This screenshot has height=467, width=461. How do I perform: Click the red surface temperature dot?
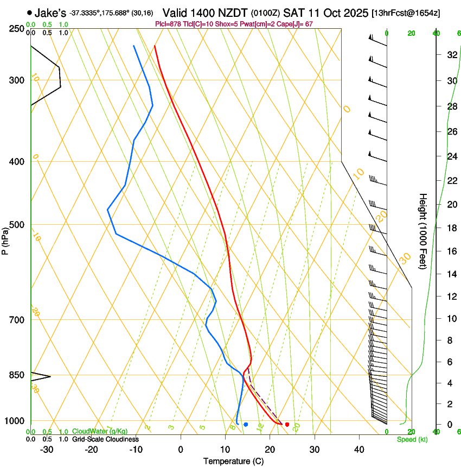[x=287, y=424]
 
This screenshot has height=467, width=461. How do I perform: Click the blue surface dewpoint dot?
[x=246, y=424]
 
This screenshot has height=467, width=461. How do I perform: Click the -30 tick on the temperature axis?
[x=47, y=450]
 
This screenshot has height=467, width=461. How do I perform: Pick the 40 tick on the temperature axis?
[x=358, y=450]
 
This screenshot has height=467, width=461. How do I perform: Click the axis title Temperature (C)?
[x=233, y=462]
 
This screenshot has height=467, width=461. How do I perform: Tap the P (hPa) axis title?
[x=5, y=239]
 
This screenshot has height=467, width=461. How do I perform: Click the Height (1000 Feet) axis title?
[x=424, y=231]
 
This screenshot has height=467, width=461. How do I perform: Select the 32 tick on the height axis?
[x=451, y=54]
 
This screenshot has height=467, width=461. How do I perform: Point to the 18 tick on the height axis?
[x=451, y=228]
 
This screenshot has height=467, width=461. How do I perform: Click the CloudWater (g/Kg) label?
[x=100, y=431]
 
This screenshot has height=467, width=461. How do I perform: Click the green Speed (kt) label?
[x=412, y=439]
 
